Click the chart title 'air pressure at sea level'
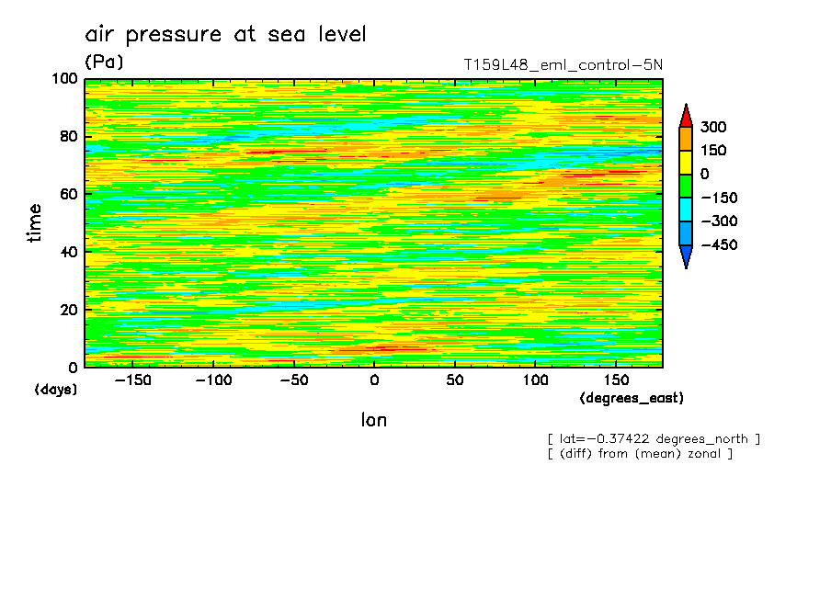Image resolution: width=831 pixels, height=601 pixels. [225, 35]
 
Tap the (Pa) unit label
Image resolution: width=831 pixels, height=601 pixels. [104, 62]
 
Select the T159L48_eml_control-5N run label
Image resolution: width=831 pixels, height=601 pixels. [563, 64]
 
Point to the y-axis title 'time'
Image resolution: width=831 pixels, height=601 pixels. [35, 223]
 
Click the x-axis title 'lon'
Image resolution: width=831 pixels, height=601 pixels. [373, 421]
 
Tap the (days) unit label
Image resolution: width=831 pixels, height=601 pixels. [55, 390]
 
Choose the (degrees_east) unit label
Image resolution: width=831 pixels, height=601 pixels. [632, 399]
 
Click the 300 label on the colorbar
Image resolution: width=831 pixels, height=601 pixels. [713, 127]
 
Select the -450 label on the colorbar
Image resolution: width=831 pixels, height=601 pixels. [717, 245]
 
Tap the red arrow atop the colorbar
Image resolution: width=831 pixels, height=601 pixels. [685, 115]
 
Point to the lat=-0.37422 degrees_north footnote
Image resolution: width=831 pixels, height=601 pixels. [654, 439]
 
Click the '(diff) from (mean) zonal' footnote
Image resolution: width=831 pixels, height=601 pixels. [640, 454]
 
